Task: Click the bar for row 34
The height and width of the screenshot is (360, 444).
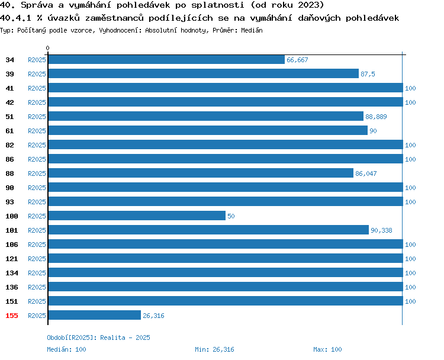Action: pyautogui.click(x=166, y=59)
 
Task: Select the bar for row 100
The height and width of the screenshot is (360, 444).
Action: pyautogui.click(x=137, y=216)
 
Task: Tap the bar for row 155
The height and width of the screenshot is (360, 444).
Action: pyautogui.click(x=95, y=315)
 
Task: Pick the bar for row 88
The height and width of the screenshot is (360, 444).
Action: pyautogui.click(x=201, y=173)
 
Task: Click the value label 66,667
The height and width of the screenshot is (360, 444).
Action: pyautogui.click(x=297, y=60)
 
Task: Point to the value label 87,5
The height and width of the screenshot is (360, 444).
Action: pyautogui.click(x=368, y=74)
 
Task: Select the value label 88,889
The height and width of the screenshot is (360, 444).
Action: pyautogui.click(x=376, y=117)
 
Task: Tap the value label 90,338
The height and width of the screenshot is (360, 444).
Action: pyautogui.click(x=381, y=230)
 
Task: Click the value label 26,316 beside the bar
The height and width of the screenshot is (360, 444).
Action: pyautogui.click(x=153, y=316)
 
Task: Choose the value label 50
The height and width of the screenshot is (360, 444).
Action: pyautogui.click(x=231, y=216)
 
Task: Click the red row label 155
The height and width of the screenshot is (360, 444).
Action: pyautogui.click(x=12, y=316)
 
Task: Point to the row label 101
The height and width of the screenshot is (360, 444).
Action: pyautogui.click(x=12, y=230)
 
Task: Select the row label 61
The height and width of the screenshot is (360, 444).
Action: pyautogui.click(x=9, y=131)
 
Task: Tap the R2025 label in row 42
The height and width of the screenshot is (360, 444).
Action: pyautogui.click(x=37, y=102)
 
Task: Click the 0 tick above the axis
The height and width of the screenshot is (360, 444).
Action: pyautogui.click(x=47, y=48)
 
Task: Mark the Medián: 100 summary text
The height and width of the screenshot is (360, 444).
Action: pyautogui.click(x=66, y=349)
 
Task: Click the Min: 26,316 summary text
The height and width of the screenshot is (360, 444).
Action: pyautogui.click(x=214, y=349)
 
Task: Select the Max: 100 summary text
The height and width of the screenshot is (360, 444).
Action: pyautogui.click(x=327, y=349)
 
